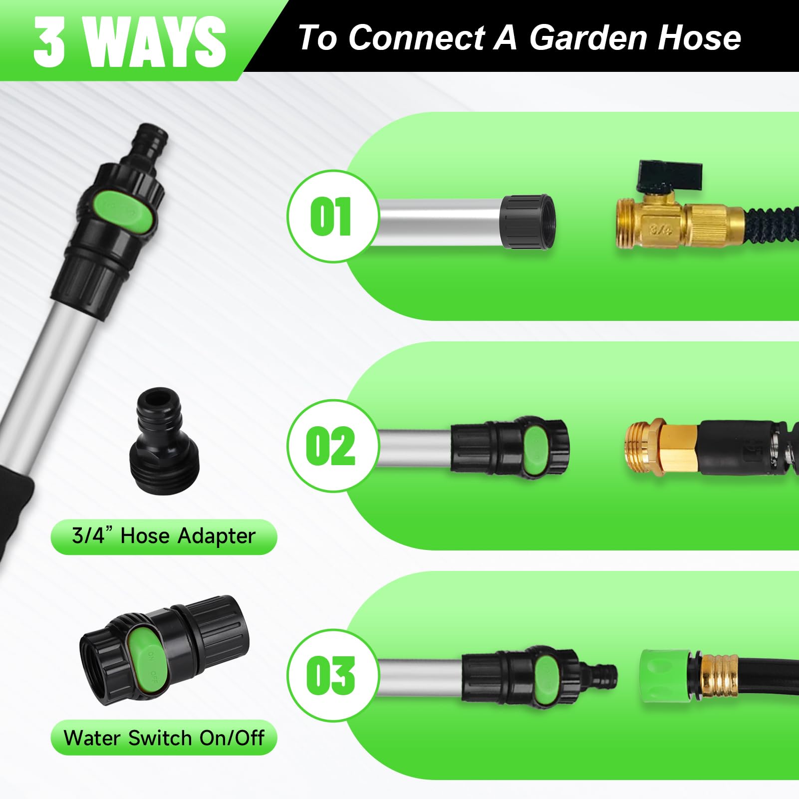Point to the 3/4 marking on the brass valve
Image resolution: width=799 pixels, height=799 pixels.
[660, 230]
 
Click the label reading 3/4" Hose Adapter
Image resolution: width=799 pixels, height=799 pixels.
[164, 536]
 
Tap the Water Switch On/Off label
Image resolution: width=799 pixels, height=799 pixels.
[164, 738]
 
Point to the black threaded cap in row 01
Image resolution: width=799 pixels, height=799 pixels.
[528, 221]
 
